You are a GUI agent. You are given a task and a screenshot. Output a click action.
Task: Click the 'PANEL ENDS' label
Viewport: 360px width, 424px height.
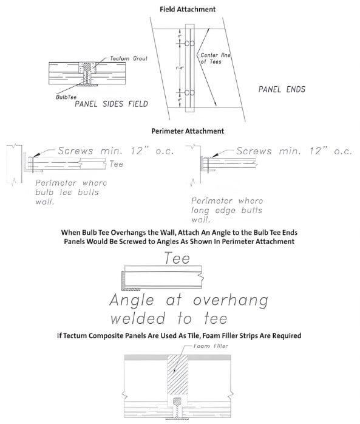pyautogui.click(x=282, y=89)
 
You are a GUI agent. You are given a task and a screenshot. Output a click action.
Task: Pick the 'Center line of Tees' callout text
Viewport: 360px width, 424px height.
pyautogui.click(x=212, y=58)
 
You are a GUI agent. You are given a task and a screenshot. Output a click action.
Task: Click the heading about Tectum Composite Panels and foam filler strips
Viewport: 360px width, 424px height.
pyautogui.click(x=180, y=335)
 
